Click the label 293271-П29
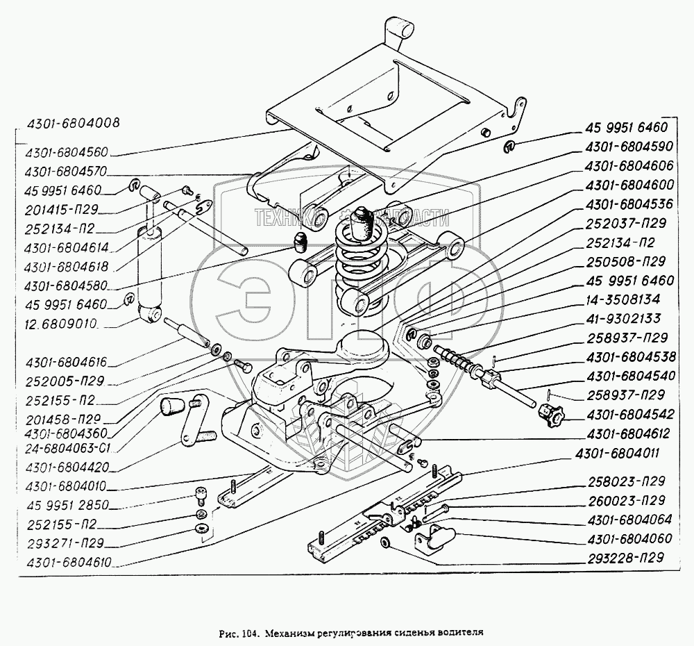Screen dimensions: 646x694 pyautogui.click(x=62, y=543)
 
